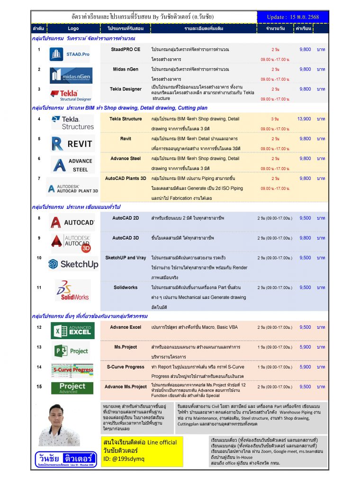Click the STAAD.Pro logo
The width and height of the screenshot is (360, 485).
pyautogui.click(x=70, y=54)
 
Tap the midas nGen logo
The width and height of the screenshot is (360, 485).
pyautogui.click(x=71, y=75)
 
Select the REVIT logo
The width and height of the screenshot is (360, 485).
pyautogui.click(x=72, y=144)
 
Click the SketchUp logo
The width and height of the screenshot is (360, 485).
pyautogui.click(x=73, y=264)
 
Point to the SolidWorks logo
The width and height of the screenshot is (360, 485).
pyautogui.click(x=72, y=290)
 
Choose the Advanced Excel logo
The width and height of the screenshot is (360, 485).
pyautogui.click(x=72, y=330)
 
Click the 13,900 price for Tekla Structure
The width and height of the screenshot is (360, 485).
pyautogui.click(x=304, y=119)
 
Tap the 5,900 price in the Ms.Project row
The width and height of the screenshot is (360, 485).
pyautogui.click(x=306, y=347)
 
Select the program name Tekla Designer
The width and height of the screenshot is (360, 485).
pyautogui.click(x=126, y=89)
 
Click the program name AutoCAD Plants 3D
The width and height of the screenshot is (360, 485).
pyautogui.click(x=126, y=179)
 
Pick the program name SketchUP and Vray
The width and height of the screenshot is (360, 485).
pyautogui.click(x=126, y=258)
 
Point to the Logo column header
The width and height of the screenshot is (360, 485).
pyautogui.click(x=73, y=29)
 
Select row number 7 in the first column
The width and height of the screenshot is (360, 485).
pyautogui.click(x=39, y=179)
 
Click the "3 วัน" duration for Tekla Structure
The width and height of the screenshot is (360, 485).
pyautogui.click(x=275, y=119)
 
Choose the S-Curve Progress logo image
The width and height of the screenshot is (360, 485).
pyautogui.click(x=72, y=368)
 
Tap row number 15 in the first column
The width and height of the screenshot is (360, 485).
pyautogui.click(x=39, y=386)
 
